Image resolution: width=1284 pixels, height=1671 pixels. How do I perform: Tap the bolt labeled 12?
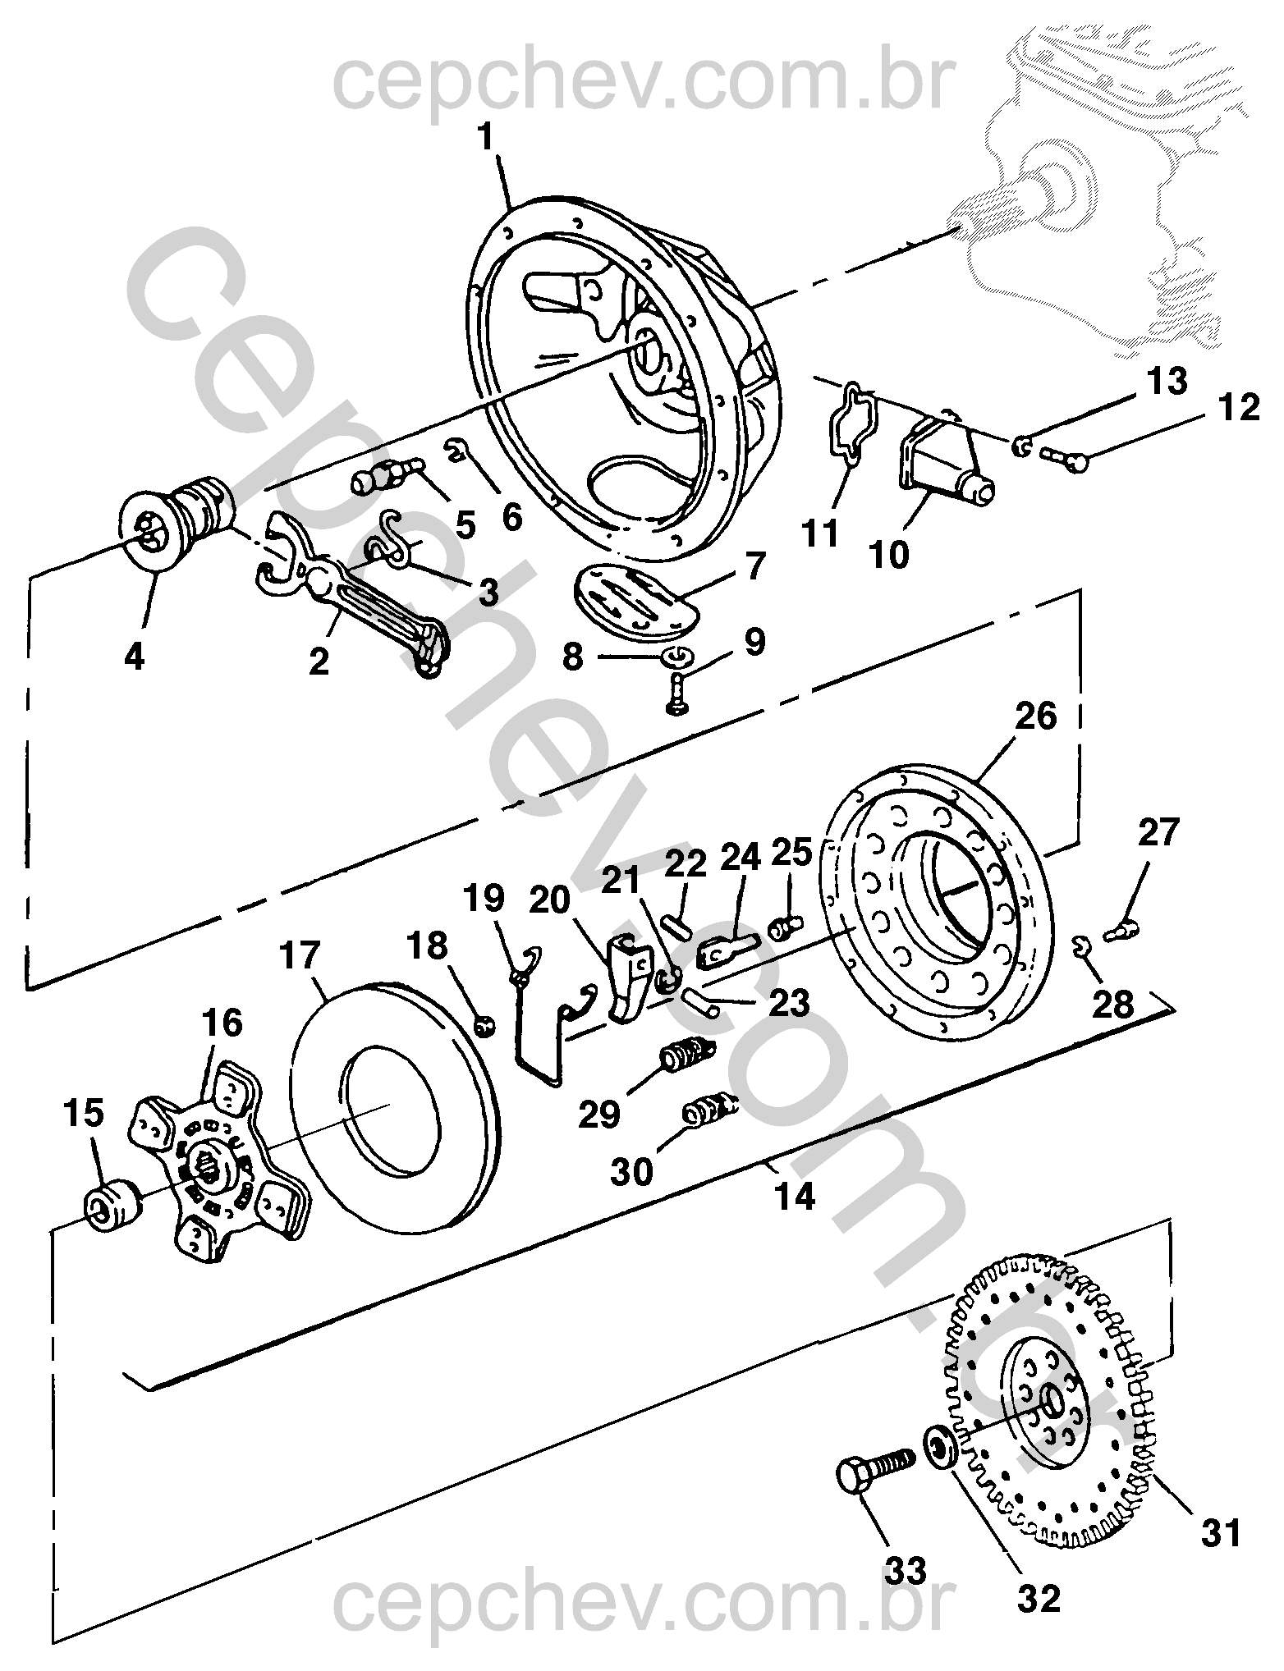click(1065, 457)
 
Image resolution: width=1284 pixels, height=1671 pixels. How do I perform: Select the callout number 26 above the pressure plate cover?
click(1036, 716)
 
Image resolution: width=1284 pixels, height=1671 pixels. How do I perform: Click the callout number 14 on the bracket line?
click(795, 1196)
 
